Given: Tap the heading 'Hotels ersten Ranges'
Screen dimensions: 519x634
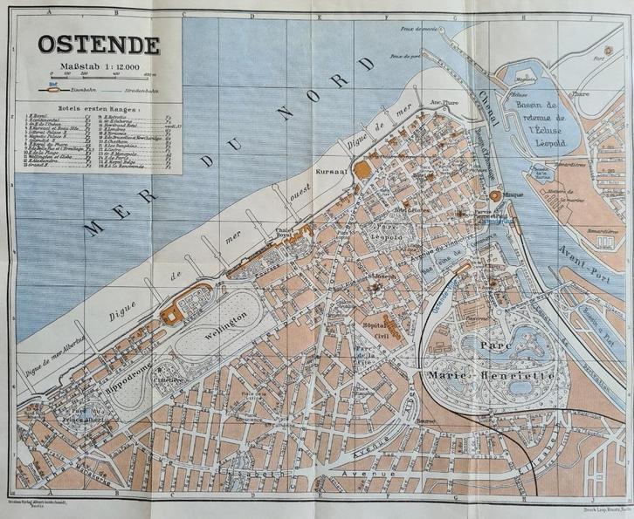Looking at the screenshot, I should coord(56,107).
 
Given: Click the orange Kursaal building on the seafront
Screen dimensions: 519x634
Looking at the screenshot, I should coord(362,168).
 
